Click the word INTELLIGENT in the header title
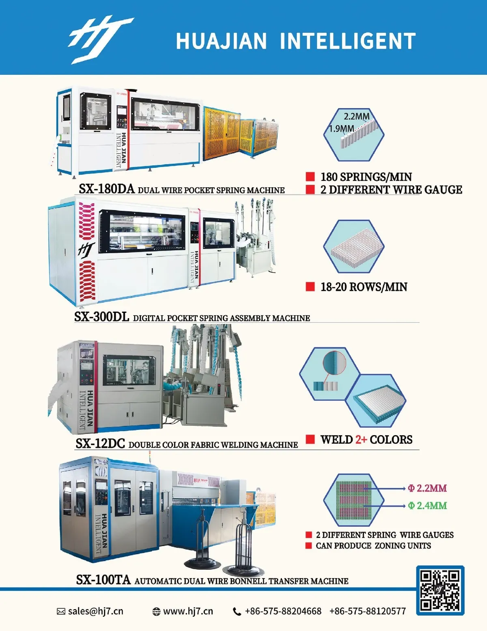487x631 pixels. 348,41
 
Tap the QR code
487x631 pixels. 440,590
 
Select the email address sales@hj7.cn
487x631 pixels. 95,611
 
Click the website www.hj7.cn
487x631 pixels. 188,611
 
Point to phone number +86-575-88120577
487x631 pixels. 367,611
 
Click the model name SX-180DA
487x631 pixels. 106,189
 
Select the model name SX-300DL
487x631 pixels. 101,317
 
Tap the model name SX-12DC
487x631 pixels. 100,443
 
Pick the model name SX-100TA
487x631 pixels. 103,579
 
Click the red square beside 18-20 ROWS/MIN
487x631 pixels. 310,287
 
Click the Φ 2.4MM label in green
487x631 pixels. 427,505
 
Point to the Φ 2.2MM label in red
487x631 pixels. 427,488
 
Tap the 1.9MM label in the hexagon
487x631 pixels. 342,129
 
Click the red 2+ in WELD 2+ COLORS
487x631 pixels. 361,440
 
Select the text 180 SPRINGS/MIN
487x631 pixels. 366,177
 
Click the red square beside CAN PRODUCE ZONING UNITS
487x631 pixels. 309,546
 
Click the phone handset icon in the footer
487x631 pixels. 237,611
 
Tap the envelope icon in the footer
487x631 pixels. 61,611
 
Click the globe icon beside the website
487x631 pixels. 156,611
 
